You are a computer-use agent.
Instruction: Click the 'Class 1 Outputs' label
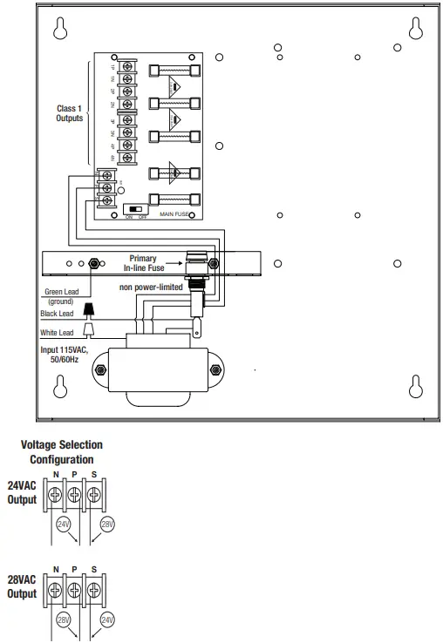(x=70, y=113)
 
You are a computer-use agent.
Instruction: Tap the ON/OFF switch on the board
(x=135, y=209)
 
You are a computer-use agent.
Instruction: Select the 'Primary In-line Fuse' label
(x=143, y=264)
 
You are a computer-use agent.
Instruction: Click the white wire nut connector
(x=89, y=329)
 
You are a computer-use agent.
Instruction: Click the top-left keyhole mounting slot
(x=61, y=30)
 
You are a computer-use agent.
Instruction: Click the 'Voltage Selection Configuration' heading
(x=62, y=452)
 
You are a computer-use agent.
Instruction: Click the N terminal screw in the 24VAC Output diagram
(x=56, y=496)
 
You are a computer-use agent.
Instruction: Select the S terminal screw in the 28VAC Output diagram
(x=94, y=590)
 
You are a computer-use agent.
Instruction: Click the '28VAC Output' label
(x=23, y=586)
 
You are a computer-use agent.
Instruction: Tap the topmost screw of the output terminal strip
(x=128, y=67)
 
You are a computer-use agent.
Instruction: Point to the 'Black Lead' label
(x=58, y=314)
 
